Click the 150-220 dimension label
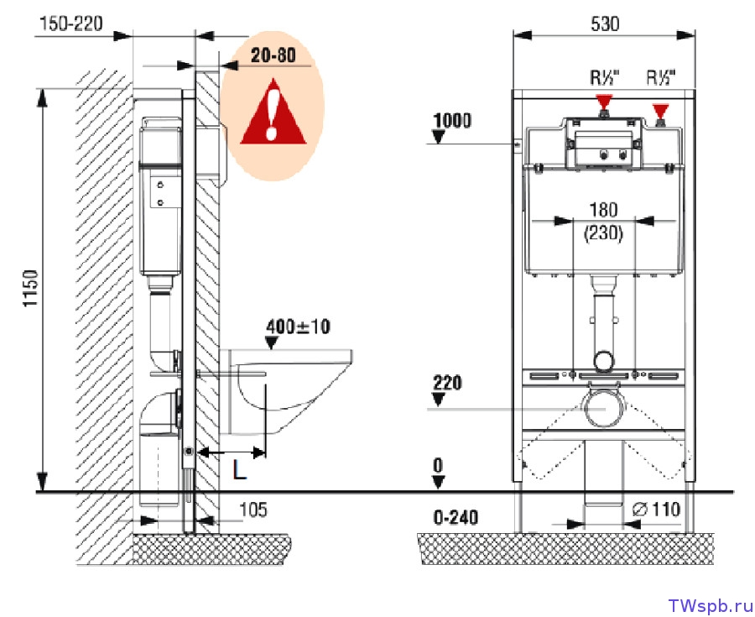[x=70, y=24]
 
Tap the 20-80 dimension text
[x=273, y=55]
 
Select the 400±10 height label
[x=298, y=327]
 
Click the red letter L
[x=239, y=469]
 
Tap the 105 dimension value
[x=253, y=510]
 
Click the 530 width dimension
[x=605, y=24]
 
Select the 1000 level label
[x=452, y=120]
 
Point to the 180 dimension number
[x=603, y=210]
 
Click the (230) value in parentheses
[x=603, y=233]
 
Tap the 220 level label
[x=447, y=383]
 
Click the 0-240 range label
[x=456, y=518]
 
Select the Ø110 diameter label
[x=656, y=509]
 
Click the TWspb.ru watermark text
[x=710, y=605]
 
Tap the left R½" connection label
[x=605, y=77]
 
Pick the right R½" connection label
[x=661, y=77]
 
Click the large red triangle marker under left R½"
[x=604, y=101]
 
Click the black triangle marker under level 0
[x=438, y=482]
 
